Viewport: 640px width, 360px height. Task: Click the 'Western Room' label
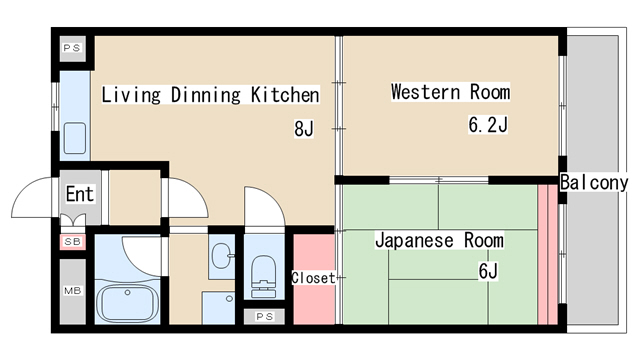[x=450, y=93]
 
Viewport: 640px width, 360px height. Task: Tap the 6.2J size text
[x=488, y=125]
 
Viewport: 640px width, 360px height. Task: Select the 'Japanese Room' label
[x=439, y=241]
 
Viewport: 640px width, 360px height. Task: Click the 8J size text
[x=304, y=128]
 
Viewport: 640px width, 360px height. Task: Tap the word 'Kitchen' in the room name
[x=285, y=96]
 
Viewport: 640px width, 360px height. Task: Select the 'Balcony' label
[x=594, y=183]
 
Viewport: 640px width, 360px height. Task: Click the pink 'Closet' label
[x=313, y=278]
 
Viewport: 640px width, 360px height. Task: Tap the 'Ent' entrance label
[x=79, y=194]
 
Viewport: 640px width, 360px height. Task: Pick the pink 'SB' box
[x=73, y=241]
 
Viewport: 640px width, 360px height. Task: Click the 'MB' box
[x=73, y=291]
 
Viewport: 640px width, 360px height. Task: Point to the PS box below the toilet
[x=264, y=317]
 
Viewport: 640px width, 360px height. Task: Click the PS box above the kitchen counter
[x=72, y=48]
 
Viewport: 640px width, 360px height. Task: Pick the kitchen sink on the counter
[x=74, y=136]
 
